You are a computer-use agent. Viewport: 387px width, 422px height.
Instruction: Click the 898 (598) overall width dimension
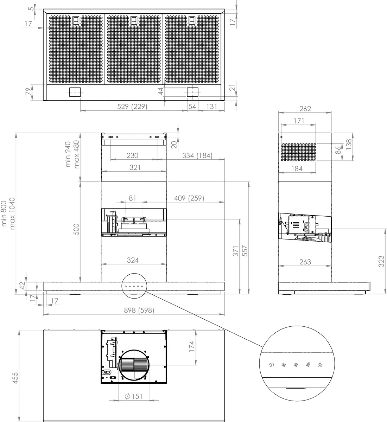click(x=139, y=310)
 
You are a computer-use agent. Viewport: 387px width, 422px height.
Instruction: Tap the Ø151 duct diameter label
click(x=133, y=396)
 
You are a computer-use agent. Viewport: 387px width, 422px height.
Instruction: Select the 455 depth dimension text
click(x=15, y=378)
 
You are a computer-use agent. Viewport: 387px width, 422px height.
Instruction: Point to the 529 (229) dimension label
click(x=132, y=107)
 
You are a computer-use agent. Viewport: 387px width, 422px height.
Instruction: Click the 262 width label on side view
click(x=305, y=109)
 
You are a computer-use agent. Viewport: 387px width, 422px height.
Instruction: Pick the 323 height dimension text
click(x=381, y=261)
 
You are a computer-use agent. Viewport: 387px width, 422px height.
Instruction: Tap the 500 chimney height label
click(x=76, y=229)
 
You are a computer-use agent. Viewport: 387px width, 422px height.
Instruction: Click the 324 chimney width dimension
click(x=133, y=260)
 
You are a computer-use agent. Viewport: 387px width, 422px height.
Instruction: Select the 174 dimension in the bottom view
click(x=191, y=346)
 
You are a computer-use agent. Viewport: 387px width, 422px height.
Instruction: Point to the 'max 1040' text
click(x=12, y=213)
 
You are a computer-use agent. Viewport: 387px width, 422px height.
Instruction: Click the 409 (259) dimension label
click(x=189, y=198)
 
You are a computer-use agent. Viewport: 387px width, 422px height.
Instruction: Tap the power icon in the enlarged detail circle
click(x=272, y=365)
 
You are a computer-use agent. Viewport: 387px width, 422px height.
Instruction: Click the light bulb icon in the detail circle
click(x=320, y=365)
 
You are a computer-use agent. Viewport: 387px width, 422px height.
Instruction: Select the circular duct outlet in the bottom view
click(x=134, y=365)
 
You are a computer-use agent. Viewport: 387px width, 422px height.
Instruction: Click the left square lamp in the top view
click(x=75, y=92)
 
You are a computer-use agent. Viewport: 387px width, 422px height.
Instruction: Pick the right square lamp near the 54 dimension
click(x=192, y=92)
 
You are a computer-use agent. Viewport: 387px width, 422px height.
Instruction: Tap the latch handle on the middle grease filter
click(x=134, y=21)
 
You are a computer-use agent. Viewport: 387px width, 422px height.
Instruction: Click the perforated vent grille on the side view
click(x=299, y=152)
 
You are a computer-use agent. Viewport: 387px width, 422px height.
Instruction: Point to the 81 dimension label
click(x=132, y=198)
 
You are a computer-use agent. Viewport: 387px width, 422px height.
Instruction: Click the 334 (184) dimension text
click(x=197, y=156)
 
